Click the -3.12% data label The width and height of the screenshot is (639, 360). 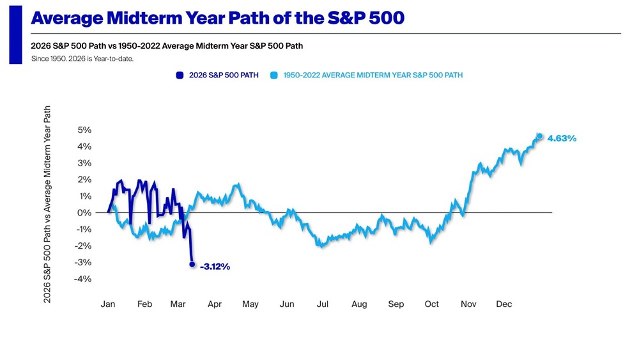click(215, 266)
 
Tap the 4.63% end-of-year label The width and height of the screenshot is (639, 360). click(562, 138)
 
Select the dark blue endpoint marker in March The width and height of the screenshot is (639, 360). click(192, 264)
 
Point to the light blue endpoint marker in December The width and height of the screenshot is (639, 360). click(540, 136)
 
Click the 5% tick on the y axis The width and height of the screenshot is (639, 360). click(84, 130)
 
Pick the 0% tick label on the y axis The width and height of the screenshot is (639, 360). click(84, 212)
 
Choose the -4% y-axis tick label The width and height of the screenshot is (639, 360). click(84, 279)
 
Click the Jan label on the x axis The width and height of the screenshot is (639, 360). click(108, 304)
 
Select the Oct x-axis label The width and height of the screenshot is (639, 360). click(432, 304)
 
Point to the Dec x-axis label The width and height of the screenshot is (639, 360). click(504, 304)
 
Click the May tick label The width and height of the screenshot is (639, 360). click(250, 304)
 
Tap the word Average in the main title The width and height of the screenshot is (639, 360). click(68, 18)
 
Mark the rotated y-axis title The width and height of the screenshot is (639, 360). click(48, 204)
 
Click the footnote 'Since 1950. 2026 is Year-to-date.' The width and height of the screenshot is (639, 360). click(82, 59)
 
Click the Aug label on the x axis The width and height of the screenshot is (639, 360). click(359, 304)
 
